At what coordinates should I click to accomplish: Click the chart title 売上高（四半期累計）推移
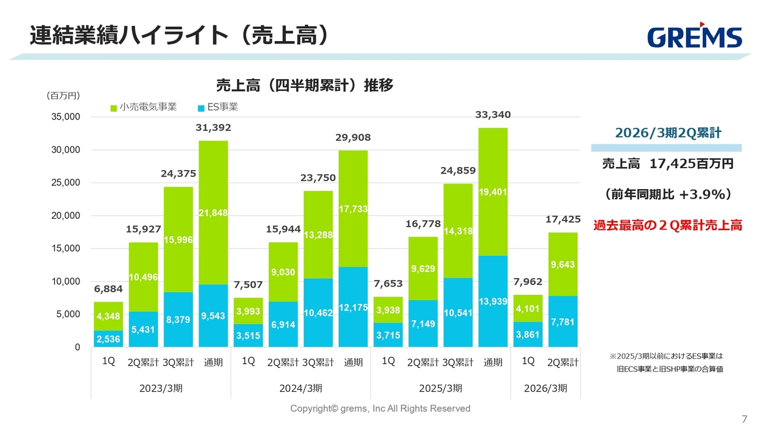304,86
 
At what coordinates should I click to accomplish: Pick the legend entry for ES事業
218,107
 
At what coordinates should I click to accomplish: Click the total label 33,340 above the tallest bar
493,115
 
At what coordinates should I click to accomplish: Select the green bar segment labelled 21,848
213,212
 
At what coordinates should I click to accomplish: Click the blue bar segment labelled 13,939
493,301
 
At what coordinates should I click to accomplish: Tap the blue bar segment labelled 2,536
108,339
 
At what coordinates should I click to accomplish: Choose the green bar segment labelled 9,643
562,264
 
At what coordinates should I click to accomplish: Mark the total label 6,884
108,289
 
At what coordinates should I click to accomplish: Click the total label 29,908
353,137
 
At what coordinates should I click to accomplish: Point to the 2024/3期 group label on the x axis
300,388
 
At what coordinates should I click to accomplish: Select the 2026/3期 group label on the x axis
545,388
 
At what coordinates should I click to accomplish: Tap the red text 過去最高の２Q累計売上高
668,226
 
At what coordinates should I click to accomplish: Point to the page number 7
744,417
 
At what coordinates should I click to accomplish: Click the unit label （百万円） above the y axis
63,95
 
